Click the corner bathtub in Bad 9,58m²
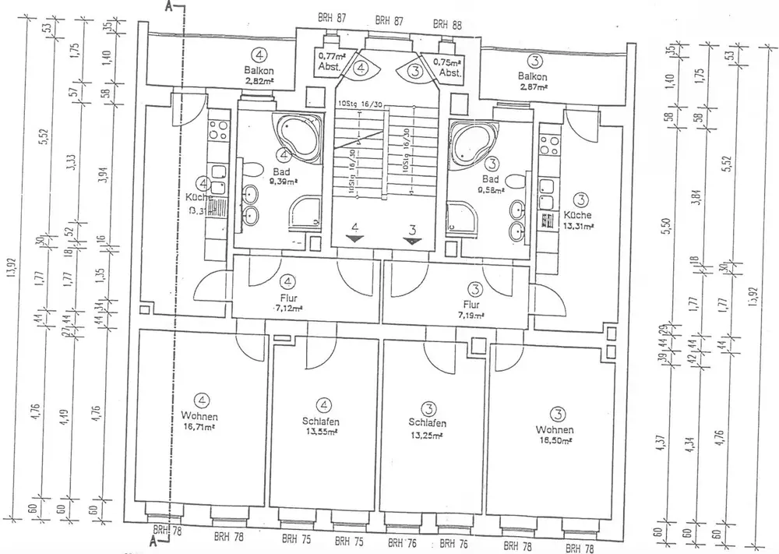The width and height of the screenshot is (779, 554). (474, 141)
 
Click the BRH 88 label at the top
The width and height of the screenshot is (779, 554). (447, 24)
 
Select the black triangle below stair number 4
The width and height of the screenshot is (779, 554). (355, 239)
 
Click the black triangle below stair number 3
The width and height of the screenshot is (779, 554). (414, 240)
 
